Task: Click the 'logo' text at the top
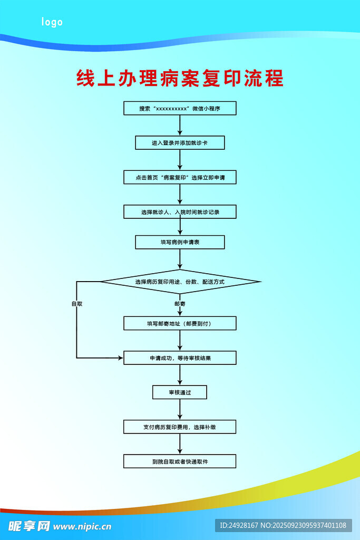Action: [52, 22]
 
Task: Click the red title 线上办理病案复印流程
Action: [180, 78]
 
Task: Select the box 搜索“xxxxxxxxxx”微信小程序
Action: [180, 108]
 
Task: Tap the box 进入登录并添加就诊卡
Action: [180, 142]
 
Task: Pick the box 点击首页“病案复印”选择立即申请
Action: [180, 177]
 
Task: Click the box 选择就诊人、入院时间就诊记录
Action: [180, 211]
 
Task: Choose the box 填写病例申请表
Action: [180, 242]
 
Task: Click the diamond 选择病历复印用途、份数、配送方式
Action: [180, 282]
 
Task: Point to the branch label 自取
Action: [77, 304]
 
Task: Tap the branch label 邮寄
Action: [180, 304]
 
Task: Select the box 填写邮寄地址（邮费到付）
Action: [180, 323]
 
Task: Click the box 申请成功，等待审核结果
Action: [180, 358]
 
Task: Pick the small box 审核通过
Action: [180, 392]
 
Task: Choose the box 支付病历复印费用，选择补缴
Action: [180, 427]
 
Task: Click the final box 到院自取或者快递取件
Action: [180, 461]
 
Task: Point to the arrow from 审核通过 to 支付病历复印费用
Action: [180, 409]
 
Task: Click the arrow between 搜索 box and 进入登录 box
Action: [180, 125]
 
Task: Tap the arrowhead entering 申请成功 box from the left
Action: [120, 358]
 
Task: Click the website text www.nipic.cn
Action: [82, 526]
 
